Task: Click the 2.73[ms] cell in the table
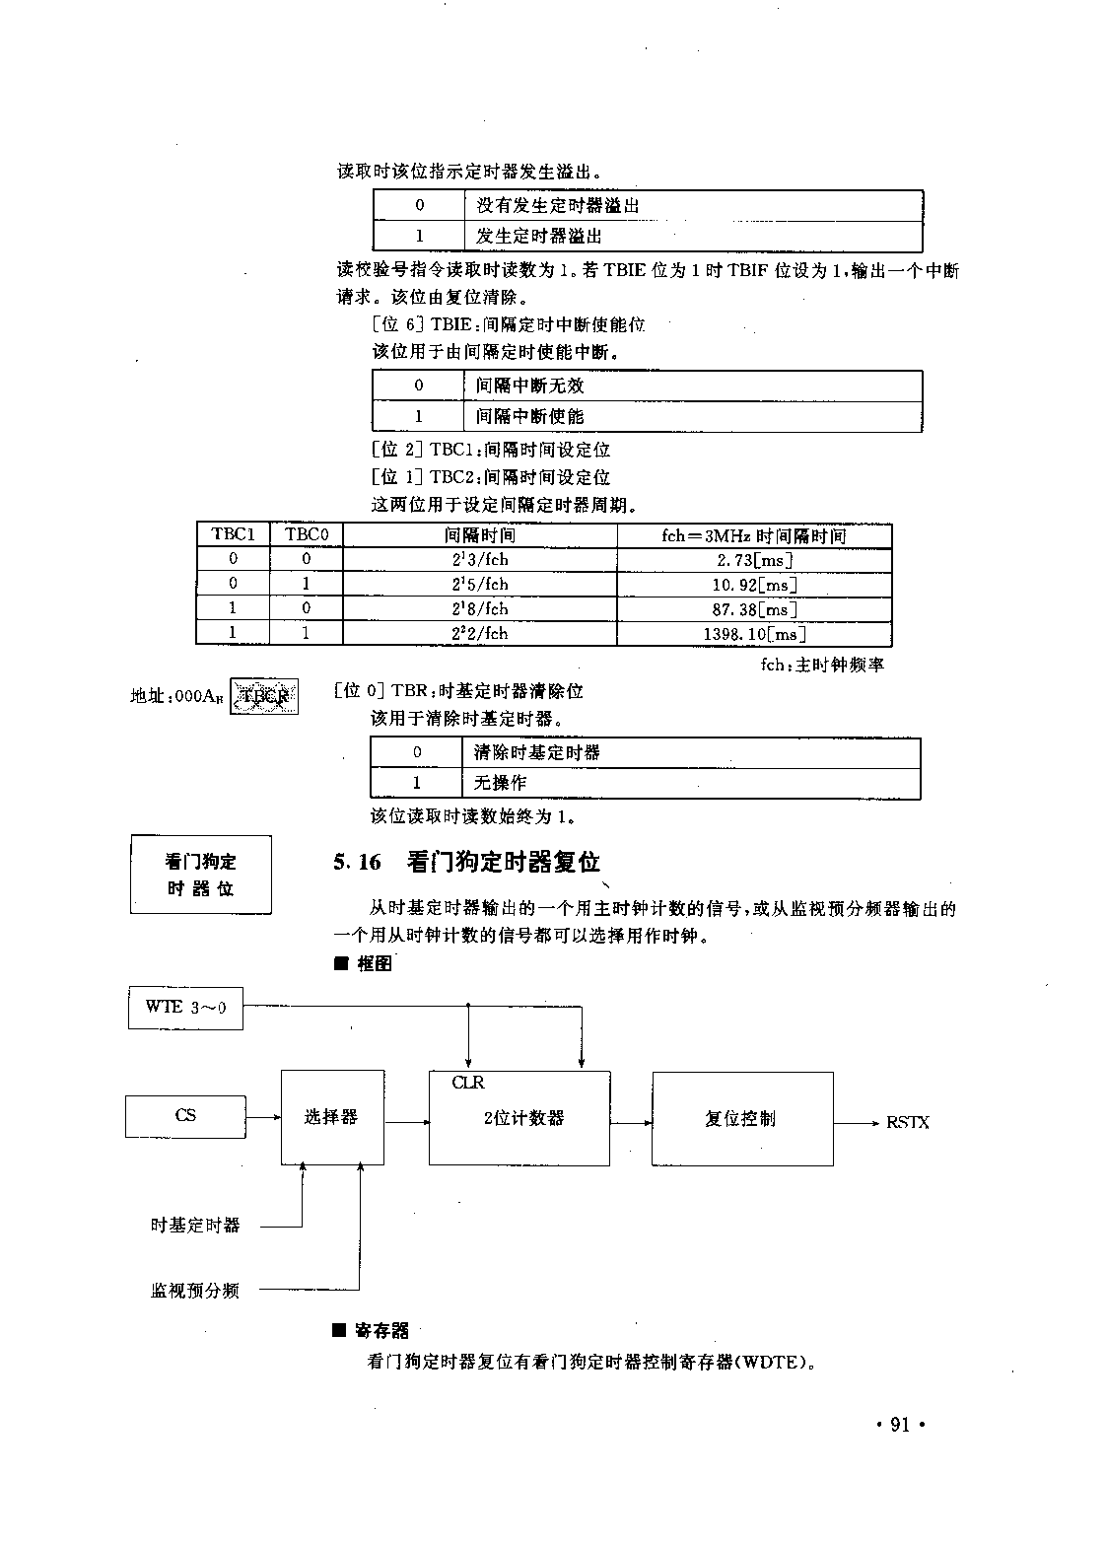754,560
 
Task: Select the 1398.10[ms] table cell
754,634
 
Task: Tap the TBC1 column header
233,534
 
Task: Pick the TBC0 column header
307,534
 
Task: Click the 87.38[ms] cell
754,609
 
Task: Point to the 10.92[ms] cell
754,585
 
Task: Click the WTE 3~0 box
185,1007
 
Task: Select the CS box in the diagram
185,1116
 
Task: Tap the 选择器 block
332,1117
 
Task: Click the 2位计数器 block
519,1118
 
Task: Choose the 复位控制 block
741,1118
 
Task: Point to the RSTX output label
907,1122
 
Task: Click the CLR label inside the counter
468,1083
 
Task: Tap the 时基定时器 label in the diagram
195,1226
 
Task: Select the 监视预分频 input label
195,1290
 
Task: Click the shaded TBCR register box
264,696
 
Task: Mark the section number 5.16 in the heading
357,863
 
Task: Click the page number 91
899,1425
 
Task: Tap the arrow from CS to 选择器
263,1117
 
